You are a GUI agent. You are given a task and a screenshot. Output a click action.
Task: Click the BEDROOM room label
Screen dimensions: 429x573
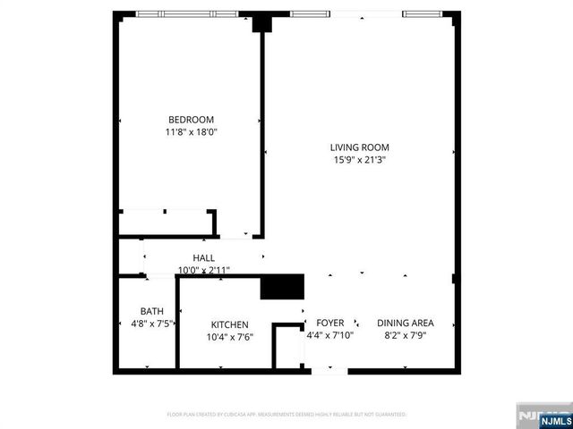coord(192,120)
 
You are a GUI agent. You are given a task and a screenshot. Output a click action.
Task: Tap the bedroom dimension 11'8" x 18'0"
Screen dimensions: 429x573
coord(192,132)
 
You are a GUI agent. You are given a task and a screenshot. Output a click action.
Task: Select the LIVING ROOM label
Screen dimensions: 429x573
coord(359,147)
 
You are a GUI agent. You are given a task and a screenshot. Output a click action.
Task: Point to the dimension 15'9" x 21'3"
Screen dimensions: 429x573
coord(359,161)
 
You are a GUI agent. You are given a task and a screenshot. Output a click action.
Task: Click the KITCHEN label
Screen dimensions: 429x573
coord(230,324)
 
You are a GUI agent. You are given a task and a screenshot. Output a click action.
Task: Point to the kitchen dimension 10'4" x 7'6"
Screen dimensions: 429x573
coord(230,337)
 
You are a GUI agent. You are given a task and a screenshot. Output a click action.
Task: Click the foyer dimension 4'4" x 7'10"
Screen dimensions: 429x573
coord(330,335)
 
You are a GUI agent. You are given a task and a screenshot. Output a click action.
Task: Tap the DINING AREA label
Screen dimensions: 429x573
coord(406,323)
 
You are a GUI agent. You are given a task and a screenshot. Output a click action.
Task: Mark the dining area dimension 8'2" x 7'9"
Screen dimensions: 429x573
coord(406,335)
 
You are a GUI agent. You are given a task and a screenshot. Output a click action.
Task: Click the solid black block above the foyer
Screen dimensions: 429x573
coord(283,288)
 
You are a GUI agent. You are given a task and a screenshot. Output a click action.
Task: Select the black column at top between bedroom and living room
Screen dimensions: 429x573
coord(261,23)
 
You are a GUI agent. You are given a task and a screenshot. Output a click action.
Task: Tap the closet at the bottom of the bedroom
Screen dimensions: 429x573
coord(167,223)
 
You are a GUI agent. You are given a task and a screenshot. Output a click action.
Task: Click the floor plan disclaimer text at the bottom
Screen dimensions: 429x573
coord(286,415)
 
